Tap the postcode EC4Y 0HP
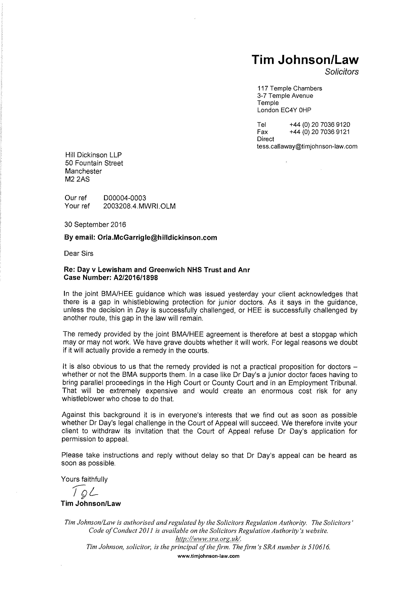point(296,110)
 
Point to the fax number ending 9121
point(320,132)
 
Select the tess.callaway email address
point(307,146)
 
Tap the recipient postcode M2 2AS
point(77,179)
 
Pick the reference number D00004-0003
point(125,198)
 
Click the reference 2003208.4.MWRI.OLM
point(139,206)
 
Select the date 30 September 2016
point(95,225)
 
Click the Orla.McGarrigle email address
point(157,238)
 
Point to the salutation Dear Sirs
point(79,253)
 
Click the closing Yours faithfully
point(84,479)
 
